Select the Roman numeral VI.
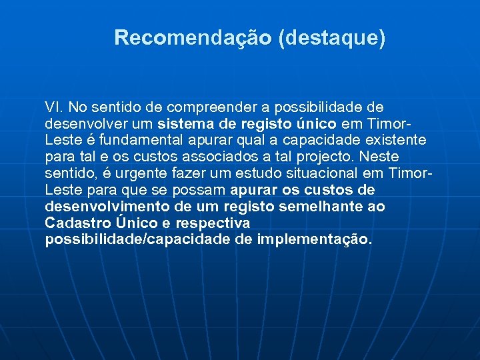(x=53, y=107)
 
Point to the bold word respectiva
(x=213, y=223)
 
